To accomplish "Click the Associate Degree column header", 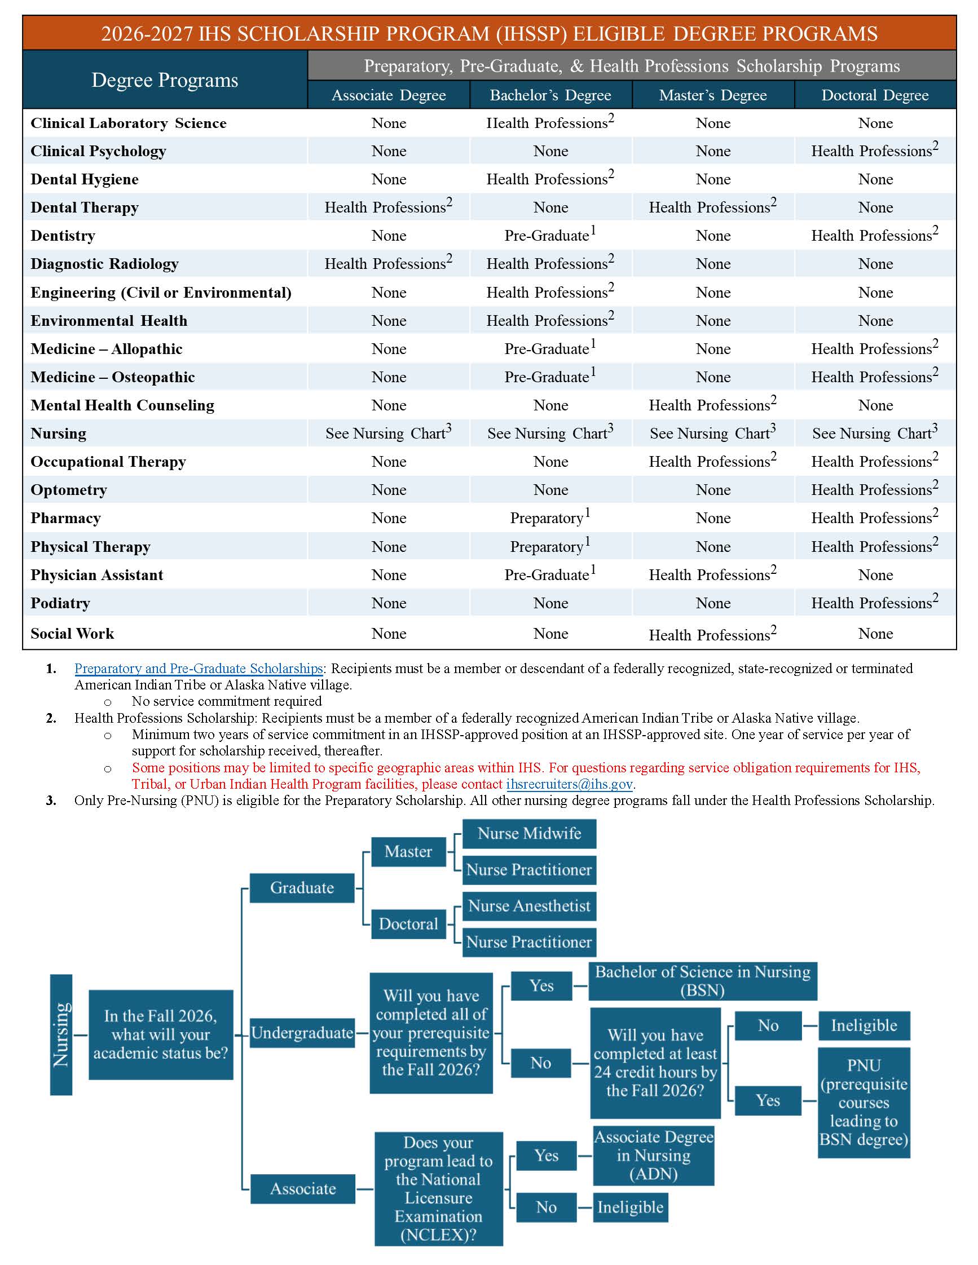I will pos(388,95).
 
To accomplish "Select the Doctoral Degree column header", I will pos(874,95).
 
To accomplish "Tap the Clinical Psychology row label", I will pos(99,151).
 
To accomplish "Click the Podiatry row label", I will pos(60,603).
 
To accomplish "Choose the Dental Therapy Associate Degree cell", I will pos(388,207).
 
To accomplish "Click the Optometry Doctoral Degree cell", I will pos(874,489).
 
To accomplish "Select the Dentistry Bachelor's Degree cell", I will pos(550,235).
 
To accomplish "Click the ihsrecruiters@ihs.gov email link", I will pos(569,784).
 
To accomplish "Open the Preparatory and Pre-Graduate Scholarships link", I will pos(198,669).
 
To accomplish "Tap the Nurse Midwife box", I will pos(529,834).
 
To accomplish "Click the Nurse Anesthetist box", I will pos(529,906).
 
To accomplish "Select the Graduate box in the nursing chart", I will pos(302,888).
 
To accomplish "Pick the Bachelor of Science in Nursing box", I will pos(702,981).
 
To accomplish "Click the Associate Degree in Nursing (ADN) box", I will pos(654,1156).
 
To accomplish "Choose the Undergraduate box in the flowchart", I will pos(302,1033).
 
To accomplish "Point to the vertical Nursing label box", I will pos(61,1034).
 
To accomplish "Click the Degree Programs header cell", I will pos(165,80).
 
